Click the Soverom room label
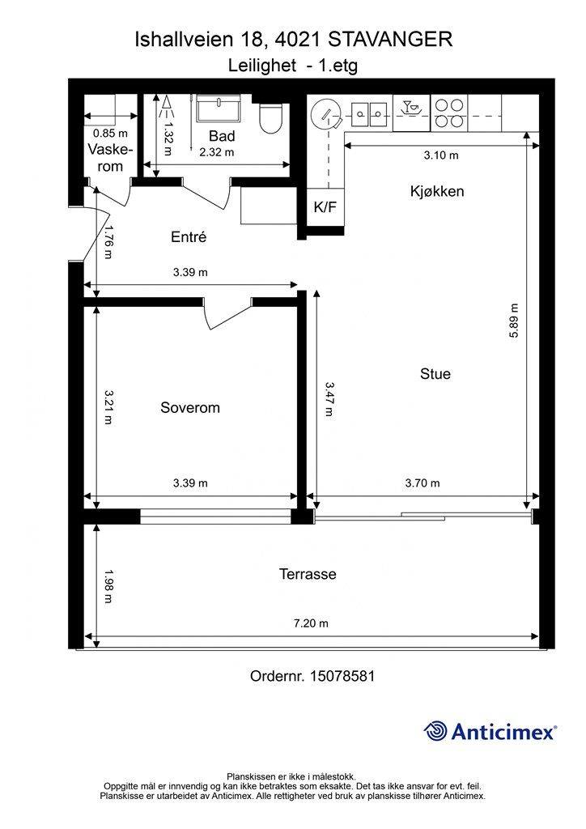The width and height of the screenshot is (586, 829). coord(189,408)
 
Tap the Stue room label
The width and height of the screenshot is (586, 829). coord(435,374)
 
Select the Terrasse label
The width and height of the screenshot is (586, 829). coord(308,574)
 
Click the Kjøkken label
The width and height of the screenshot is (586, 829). coord(437,191)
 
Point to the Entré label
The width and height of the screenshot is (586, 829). coord(189,237)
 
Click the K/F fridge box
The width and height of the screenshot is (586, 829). coord(325,206)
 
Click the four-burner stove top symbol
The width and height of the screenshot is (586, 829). coord(448,113)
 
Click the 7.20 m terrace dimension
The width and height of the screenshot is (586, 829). coord(311,623)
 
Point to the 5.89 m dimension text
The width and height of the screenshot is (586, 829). coord(514,321)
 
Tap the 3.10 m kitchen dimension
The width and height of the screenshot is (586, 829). coord(440,155)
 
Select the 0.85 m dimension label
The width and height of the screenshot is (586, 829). coord(110,134)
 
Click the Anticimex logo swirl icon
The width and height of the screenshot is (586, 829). coord(435,731)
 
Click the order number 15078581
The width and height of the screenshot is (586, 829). coord(342,676)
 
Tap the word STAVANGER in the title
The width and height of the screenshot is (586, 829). coord(390,40)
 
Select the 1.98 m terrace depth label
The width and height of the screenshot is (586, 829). coord(108,586)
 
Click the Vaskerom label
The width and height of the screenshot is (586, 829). coord(110,158)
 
